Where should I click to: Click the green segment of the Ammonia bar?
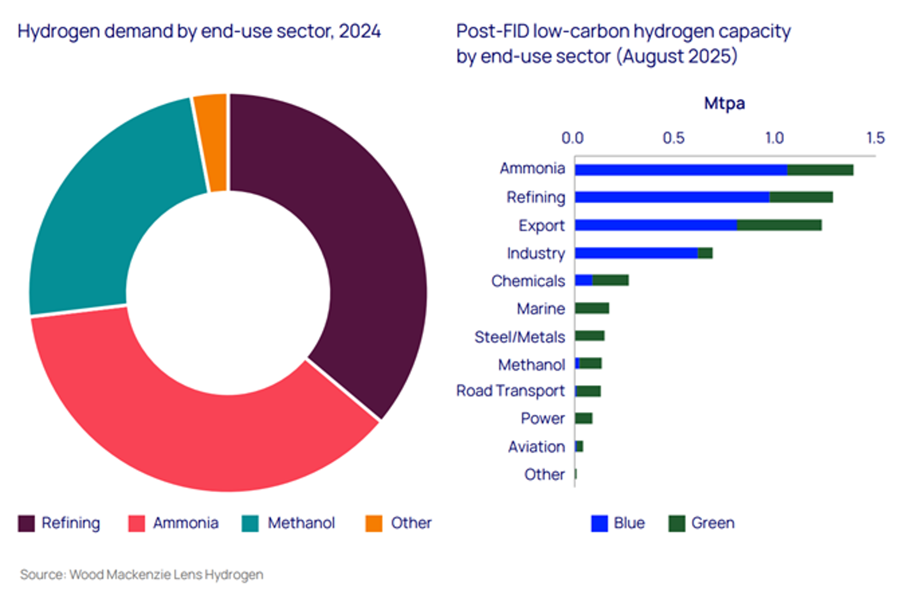coord(820,170)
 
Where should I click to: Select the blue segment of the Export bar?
coord(655,225)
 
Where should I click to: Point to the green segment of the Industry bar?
coord(705,253)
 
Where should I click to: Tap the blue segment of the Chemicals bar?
coord(584,280)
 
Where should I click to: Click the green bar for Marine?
coord(592,308)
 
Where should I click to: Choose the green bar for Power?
coord(584,418)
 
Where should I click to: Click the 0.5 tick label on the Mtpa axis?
coord(673,138)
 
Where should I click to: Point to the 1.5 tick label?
coord(875,138)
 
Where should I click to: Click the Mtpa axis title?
coord(724,103)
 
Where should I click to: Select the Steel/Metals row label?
coord(519,337)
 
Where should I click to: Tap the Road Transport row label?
coord(510,390)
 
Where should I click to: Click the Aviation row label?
coord(536,447)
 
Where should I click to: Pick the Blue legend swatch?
coord(599,523)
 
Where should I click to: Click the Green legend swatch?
coord(677,523)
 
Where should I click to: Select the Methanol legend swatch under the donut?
coord(250,523)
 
